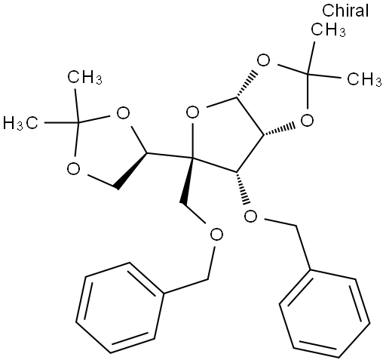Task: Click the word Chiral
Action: (x=345, y=11)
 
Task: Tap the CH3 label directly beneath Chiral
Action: (x=328, y=30)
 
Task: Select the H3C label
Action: (x=20, y=124)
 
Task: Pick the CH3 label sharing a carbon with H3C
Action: (x=84, y=77)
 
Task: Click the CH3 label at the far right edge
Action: (x=364, y=79)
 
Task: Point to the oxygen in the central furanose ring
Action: (x=193, y=112)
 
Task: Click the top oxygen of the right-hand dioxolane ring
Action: (x=264, y=60)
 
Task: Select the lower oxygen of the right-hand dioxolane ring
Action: (x=307, y=120)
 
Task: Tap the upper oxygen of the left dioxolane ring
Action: (x=123, y=113)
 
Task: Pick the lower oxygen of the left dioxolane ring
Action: (x=74, y=168)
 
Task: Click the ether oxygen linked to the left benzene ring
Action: (x=216, y=235)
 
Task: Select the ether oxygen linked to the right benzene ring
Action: (x=251, y=216)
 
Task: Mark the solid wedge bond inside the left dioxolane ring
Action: (x=131, y=171)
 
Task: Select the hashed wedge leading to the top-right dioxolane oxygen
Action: (x=247, y=84)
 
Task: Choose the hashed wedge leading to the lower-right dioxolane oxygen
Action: (x=279, y=130)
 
